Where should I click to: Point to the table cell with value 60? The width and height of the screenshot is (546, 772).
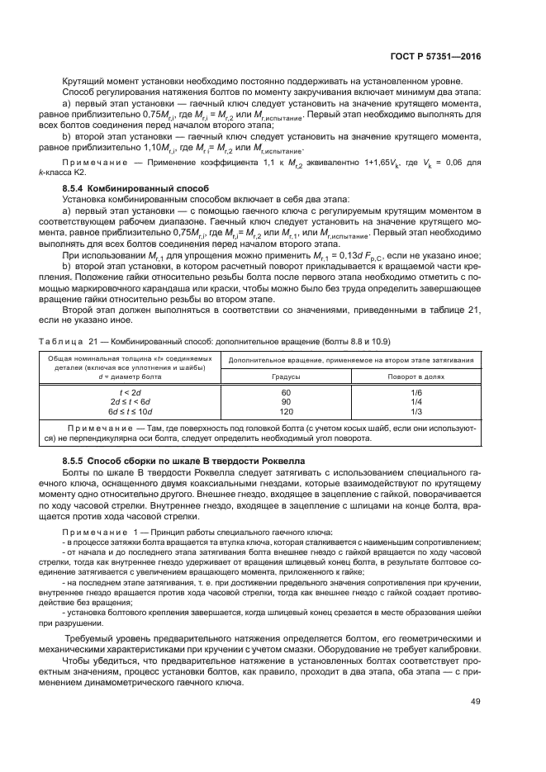287,393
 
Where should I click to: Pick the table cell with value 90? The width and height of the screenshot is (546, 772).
287,401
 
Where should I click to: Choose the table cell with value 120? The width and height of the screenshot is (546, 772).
287,410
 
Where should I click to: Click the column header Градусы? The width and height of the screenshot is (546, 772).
287,376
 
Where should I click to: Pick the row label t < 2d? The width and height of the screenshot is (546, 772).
131,393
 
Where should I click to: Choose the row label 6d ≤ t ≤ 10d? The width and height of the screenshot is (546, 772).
131,410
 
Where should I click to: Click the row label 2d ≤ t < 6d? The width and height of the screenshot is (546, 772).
131,401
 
